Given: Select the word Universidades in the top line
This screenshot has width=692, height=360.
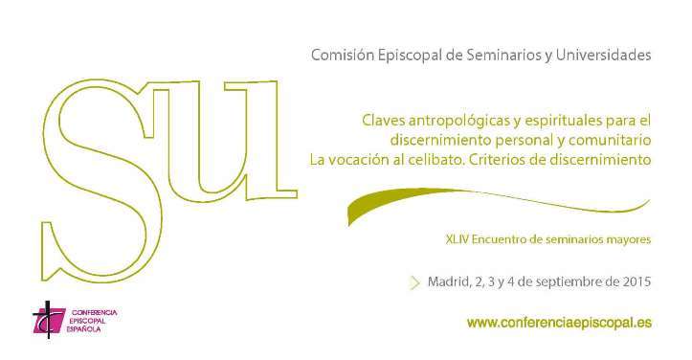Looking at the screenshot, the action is [x=603, y=56].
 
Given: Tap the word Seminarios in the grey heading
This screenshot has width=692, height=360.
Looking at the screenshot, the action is [x=497, y=56].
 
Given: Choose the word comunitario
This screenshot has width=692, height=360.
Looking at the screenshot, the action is [x=610, y=140].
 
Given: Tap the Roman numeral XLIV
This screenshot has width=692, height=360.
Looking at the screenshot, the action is [x=458, y=239].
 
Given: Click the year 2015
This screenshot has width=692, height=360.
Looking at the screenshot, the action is [x=637, y=281].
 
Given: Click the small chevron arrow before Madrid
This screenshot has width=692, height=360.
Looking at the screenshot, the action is [x=415, y=282].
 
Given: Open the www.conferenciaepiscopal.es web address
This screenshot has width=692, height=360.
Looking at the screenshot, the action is [x=559, y=323].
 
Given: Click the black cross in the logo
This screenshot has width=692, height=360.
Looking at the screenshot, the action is [x=48, y=319].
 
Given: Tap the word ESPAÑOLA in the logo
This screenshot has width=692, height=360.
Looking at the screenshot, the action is [x=84, y=329].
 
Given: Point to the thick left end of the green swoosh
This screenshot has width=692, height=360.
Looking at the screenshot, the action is [x=350, y=214].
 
